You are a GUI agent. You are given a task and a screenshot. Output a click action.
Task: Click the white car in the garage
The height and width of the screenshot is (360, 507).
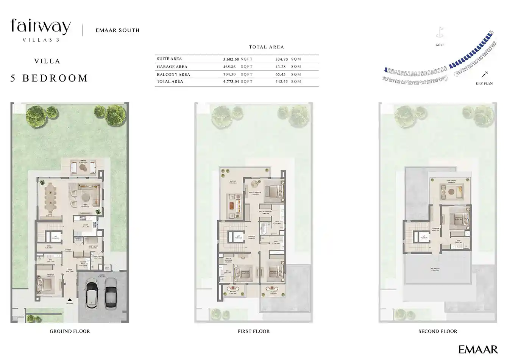[92, 294]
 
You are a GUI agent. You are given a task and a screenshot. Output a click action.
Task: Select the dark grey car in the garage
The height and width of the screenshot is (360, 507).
[110, 293]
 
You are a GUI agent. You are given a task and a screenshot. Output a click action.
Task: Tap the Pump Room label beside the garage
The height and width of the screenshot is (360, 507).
[108, 267]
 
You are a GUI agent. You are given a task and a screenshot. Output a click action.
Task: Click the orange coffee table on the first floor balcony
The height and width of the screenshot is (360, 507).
[232, 205]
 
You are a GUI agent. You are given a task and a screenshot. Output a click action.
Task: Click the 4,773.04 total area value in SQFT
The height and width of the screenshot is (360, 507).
[231, 81]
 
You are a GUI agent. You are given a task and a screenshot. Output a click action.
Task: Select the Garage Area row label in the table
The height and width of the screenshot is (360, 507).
[172, 67]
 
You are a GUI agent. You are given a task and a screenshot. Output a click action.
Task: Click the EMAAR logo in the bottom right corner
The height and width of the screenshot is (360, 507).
[478, 349]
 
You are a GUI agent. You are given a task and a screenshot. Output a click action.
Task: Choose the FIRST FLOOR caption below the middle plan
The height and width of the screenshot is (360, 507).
[253, 331]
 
